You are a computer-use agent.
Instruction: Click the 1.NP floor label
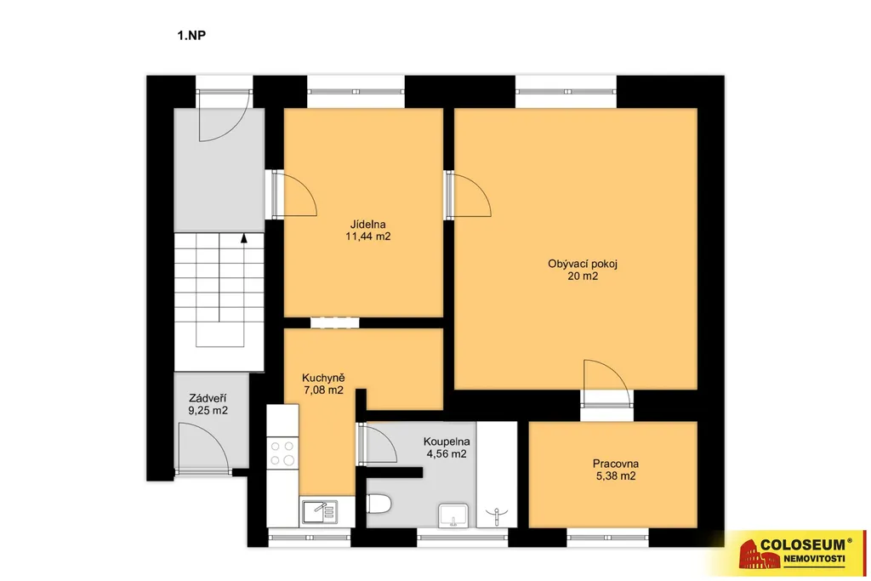(191, 36)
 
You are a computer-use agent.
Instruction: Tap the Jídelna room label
(367, 225)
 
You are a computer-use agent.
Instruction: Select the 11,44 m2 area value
(367, 236)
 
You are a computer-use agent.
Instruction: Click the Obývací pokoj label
(583, 264)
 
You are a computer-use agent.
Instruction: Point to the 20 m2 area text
(583, 276)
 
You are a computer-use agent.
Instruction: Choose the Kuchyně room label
(323, 379)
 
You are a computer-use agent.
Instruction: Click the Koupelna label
(447, 442)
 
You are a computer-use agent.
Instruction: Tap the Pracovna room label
(616, 464)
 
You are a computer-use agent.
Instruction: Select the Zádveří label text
(208, 399)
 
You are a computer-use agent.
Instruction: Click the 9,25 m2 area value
(208, 411)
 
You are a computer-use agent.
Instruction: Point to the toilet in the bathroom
(380, 504)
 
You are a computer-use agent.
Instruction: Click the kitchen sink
(320, 511)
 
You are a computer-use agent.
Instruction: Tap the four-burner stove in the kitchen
(282, 453)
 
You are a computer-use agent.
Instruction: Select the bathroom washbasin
(453, 515)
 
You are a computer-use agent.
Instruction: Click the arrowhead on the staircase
(244, 238)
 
